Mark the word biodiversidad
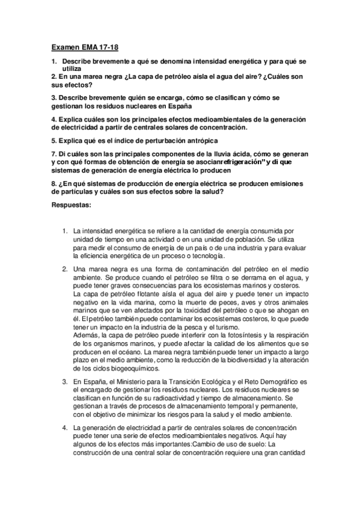248,358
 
